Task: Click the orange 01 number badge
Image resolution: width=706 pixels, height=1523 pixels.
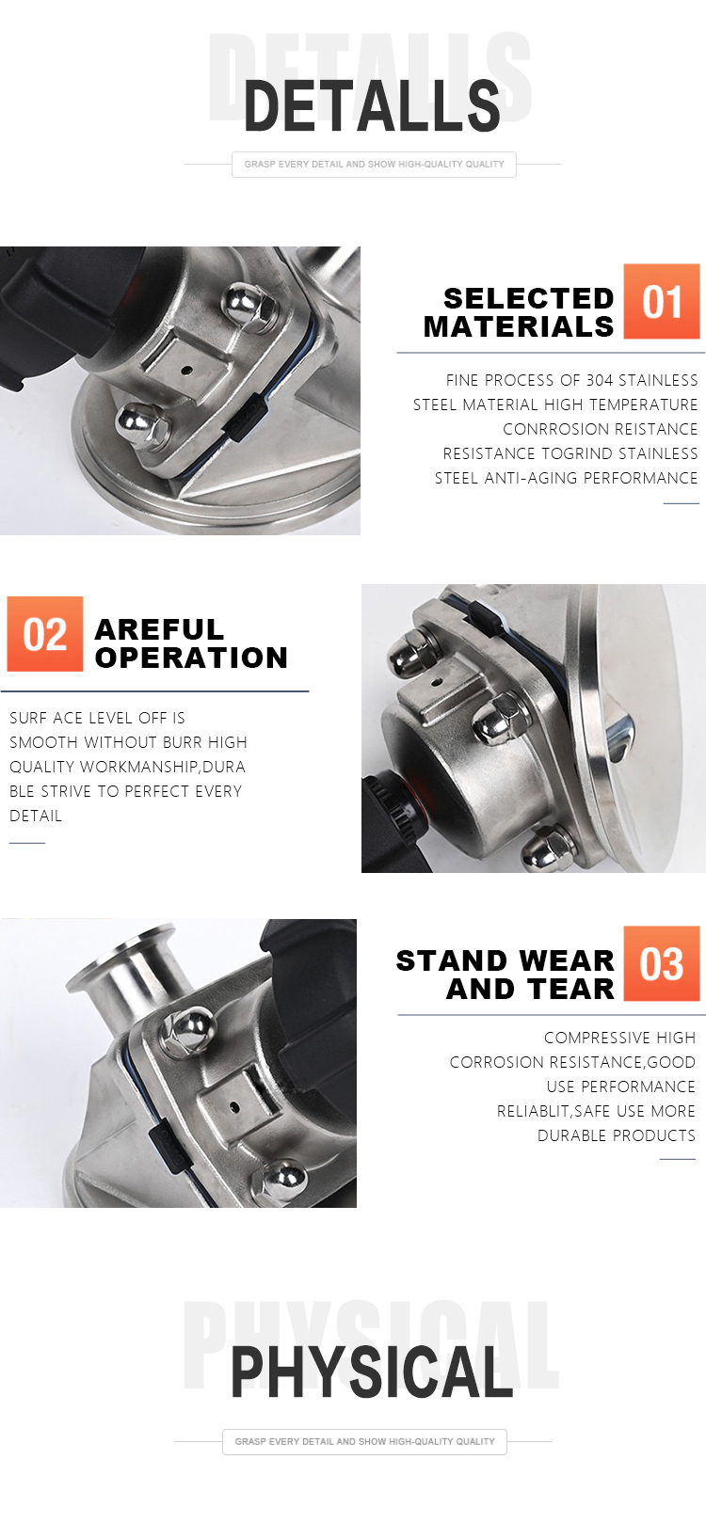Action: click(x=661, y=301)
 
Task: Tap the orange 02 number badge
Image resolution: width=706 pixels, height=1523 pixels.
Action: click(x=45, y=634)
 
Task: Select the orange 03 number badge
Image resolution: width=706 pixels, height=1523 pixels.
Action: click(x=661, y=962)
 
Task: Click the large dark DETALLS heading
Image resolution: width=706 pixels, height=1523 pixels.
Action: click(x=372, y=105)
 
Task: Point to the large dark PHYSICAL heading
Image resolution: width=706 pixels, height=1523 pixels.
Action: click(x=372, y=1372)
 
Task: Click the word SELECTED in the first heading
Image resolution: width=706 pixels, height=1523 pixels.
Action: click(x=528, y=298)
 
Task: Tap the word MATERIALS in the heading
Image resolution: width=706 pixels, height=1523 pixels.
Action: click(x=519, y=327)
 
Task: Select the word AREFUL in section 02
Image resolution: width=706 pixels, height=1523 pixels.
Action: click(x=159, y=629)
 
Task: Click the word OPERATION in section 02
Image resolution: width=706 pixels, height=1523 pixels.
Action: click(x=191, y=658)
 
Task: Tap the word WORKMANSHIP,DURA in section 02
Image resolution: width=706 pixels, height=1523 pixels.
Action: click(x=163, y=767)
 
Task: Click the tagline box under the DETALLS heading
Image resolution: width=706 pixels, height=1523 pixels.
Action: click(x=374, y=165)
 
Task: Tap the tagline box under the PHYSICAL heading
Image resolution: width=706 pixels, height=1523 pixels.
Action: click(x=364, y=1441)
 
